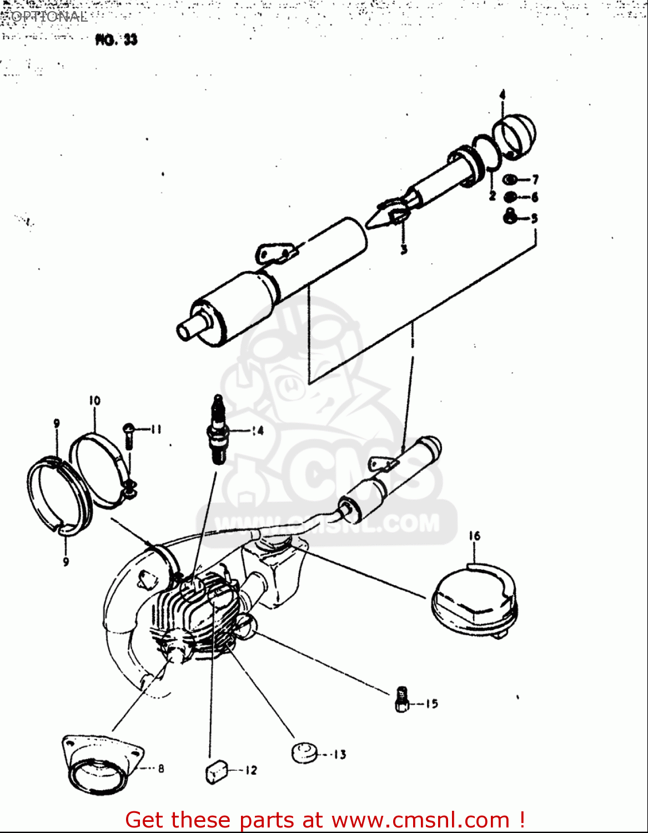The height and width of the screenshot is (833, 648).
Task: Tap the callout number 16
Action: tap(474, 536)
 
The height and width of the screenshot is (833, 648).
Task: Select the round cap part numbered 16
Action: tap(473, 603)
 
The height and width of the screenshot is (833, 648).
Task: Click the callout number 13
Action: tap(340, 754)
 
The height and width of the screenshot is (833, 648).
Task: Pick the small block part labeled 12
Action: tap(216, 771)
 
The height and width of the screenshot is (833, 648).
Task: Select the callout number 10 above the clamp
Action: tap(94, 400)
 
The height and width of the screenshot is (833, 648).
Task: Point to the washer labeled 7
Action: tap(509, 180)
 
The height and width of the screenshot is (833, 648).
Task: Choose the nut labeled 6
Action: tap(509, 197)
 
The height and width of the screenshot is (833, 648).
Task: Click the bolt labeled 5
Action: tap(510, 217)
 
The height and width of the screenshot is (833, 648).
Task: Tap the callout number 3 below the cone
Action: tap(404, 250)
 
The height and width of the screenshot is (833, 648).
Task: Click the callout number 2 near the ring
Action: tap(492, 195)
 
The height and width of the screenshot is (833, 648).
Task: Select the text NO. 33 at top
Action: tap(116, 40)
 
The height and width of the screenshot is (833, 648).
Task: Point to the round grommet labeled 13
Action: tap(304, 752)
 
